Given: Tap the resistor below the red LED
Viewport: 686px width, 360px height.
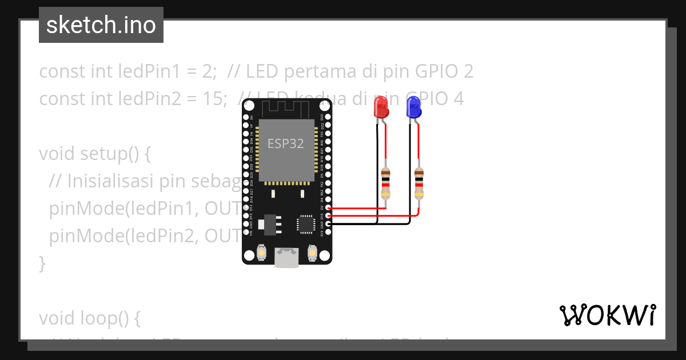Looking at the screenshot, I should pos(386,182).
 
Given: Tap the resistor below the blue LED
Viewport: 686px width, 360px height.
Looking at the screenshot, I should pos(419,182).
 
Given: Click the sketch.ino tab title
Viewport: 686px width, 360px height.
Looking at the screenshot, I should pos(101,25).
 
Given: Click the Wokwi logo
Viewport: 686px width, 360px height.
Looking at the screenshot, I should pos(607,315).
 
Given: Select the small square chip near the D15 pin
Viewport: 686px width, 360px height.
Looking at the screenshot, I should pos(306,223).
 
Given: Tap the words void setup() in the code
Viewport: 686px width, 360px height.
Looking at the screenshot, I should pos(94,154).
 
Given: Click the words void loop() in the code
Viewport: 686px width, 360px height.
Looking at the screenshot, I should pos(89,318).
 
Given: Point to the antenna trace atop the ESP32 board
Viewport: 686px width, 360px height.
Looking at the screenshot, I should pos(286,107).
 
